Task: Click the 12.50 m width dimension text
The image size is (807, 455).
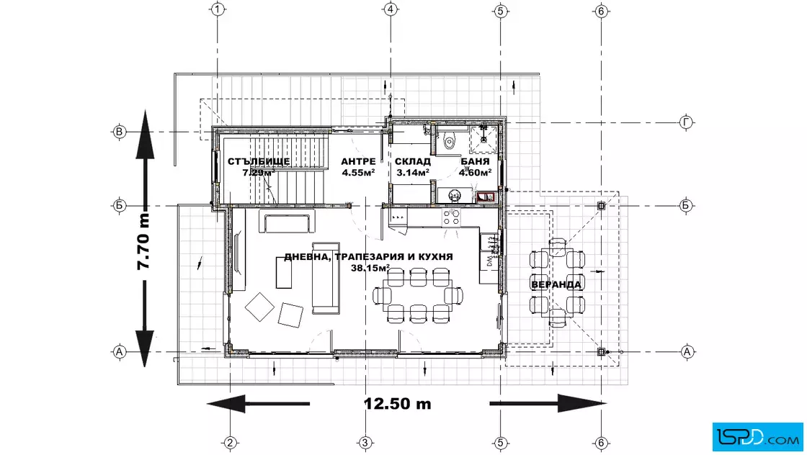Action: pyautogui.click(x=397, y=404)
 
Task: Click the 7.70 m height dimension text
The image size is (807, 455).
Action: pyautogui.click(x=143, y=241)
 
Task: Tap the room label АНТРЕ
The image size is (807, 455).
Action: pyautogui.click(x=358, y=161)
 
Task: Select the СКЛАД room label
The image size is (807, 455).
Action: pyautogui.click(x=412, y=161)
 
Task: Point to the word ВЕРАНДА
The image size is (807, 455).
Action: pyautogui.click(x=556, y=284)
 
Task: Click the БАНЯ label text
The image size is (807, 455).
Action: pyautogui.click(x=475, y=161)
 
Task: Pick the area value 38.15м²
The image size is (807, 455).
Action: pyautogui.click(x=370, y=268)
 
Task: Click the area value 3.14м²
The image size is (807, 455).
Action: pyautogui.click(x=413, y=173)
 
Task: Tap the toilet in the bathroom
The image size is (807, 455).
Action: pyautogui.click(x=449, y=140)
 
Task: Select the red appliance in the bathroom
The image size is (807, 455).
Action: pyautogui.click(x=486, y=197)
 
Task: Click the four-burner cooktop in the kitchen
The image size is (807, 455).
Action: pyautogui.click(x=451, y=217)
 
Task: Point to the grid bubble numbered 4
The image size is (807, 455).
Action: pyautogui.click(x=391, y=9)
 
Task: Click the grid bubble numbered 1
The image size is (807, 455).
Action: pyautogui.click(x=218, y=9)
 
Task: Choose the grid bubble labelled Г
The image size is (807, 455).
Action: pyautogui.click(x=686, y=122)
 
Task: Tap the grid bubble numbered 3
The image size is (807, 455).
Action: pyautogui.click(x=365, y=443)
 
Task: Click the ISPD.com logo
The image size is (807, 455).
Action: pyautogui.click(x=757, y=437)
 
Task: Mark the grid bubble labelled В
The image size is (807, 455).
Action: pyautogui.click(x=120, y=132)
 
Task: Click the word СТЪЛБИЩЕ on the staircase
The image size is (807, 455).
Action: pyautogui.click(x=259, y=161)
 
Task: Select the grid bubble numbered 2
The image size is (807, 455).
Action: pyautogui.click(x=230, y=443)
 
